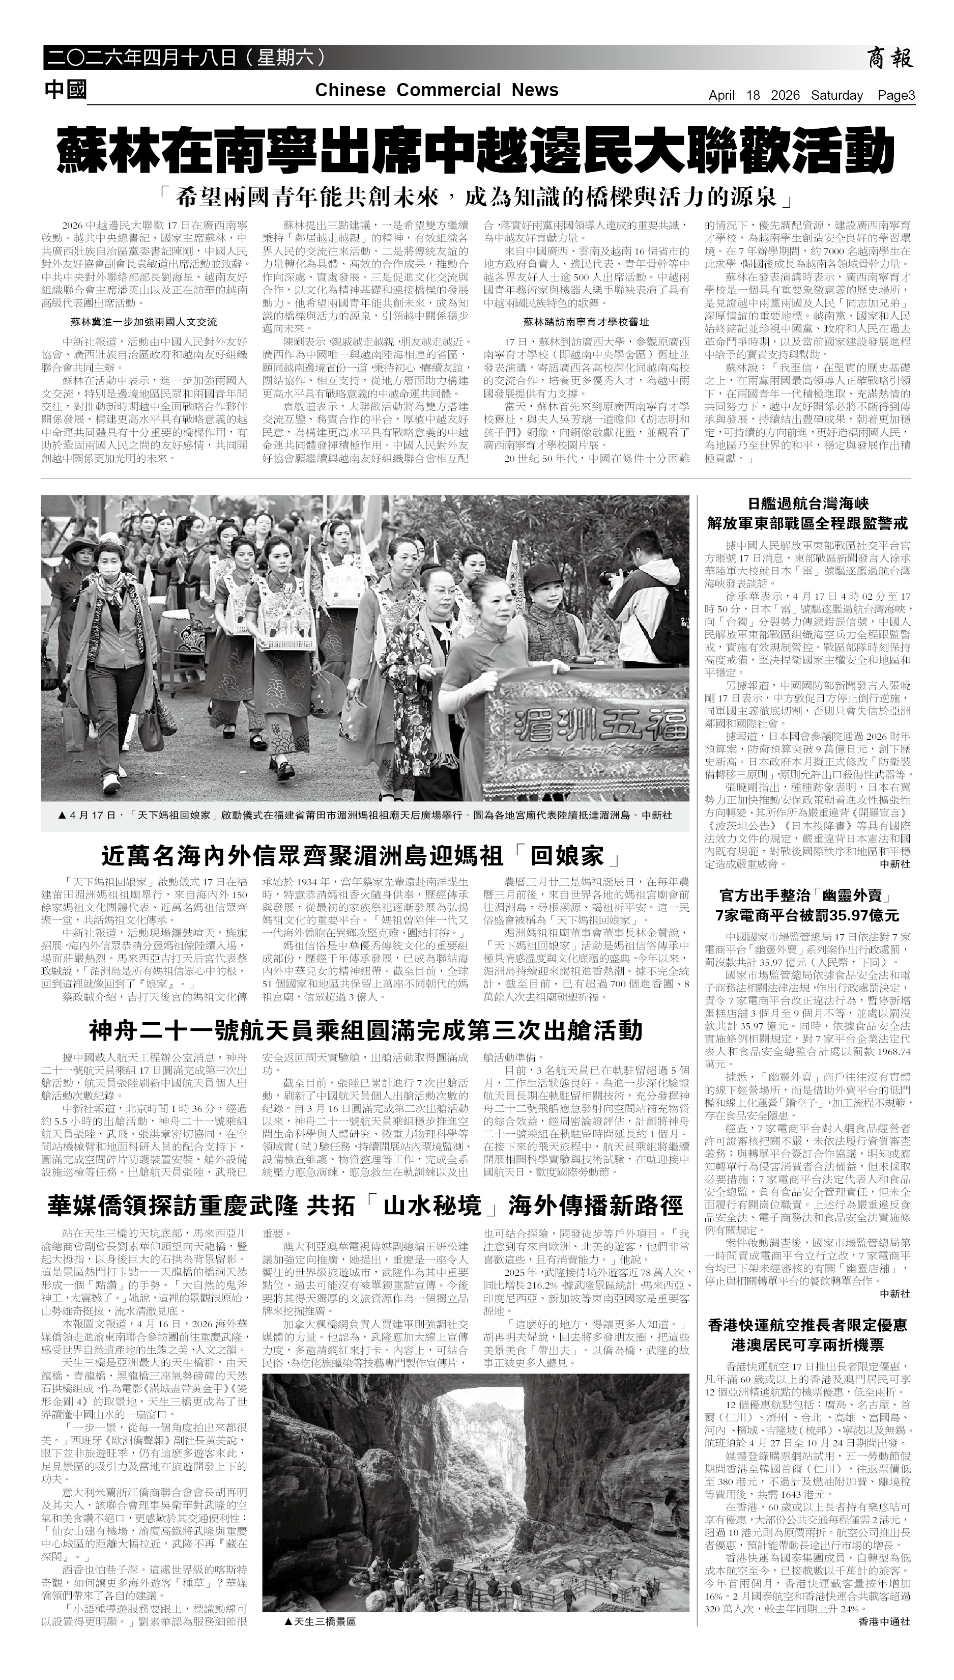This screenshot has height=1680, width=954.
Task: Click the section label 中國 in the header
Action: (x=66, y=90)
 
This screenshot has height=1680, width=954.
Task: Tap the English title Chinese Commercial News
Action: (x=437, y=91)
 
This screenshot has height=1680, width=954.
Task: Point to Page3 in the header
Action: (x=895, y=96)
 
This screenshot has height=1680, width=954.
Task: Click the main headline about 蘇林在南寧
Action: (x=476, y=150)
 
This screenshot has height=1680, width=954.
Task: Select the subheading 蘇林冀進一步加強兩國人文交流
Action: (x=143, y=322)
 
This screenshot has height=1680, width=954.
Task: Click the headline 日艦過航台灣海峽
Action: (x=807, y=503)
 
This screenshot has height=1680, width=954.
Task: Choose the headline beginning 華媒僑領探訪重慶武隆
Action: (x=365, y=1206)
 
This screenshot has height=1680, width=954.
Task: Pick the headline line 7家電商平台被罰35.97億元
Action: (x=807, y=915)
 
